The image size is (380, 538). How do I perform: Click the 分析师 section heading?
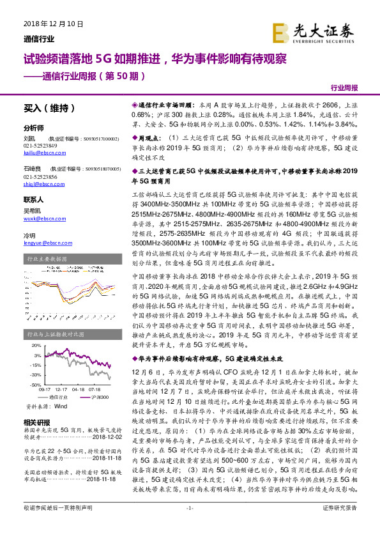[x=33, y=128]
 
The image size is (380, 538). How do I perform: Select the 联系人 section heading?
[x=33, y=199]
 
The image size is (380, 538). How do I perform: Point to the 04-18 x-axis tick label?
[x=78, y=388]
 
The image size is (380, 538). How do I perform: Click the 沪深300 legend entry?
[x=100, y=397]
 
